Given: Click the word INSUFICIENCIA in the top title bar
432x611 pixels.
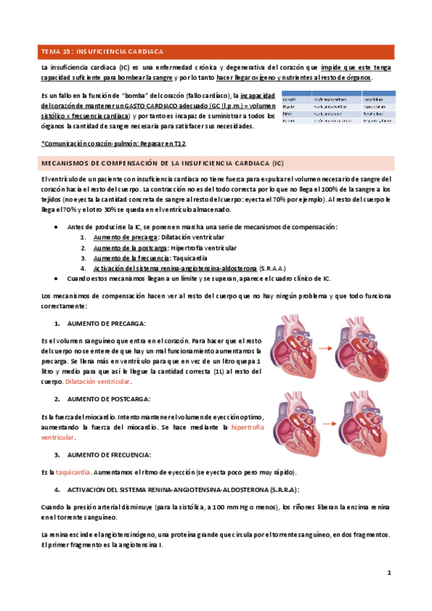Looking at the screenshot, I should (114, 53).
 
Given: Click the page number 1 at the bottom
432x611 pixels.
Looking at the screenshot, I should (388, 573).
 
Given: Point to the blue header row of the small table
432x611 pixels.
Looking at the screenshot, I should (337, 94).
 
